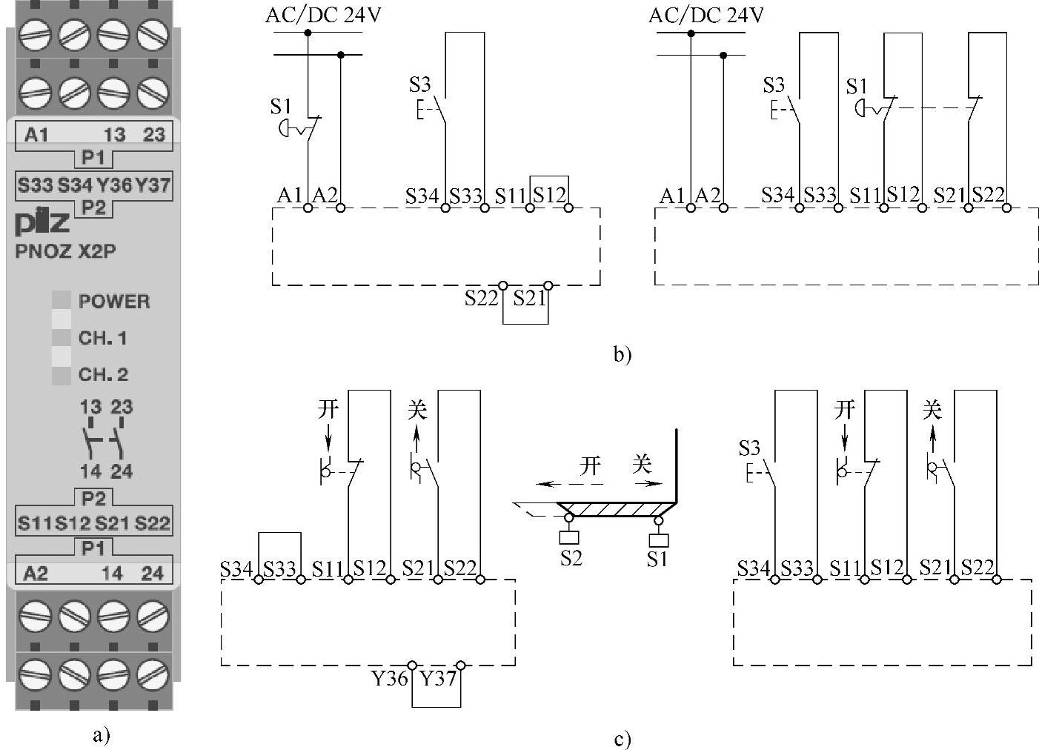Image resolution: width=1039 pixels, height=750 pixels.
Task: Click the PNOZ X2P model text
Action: click(x=65, y=251)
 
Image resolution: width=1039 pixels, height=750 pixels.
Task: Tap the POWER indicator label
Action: click(x=114, y=302)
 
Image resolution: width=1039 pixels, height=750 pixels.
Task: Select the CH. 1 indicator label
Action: click(x=102, y=338)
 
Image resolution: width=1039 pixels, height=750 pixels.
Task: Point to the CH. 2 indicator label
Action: click(x=103, y=374)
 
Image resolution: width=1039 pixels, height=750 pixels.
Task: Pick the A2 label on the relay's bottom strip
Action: click(x=36, y=573)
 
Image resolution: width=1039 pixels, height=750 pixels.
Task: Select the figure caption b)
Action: click(x=623, y=354)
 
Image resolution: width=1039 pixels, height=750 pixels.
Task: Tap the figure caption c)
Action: click(x=623, y=739)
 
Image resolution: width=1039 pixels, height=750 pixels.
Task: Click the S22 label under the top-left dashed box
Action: click(x=482, y=298)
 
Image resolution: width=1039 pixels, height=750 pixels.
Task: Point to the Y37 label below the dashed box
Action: click(x=438, y=678)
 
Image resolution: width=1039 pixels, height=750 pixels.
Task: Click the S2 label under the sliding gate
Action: click(x=571, y=558)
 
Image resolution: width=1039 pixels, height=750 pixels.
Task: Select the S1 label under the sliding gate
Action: click(x=657, y=559)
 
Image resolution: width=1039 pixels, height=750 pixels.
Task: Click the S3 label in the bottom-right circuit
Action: click(x=749, y=448)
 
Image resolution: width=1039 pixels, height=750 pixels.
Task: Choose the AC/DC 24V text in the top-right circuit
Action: click(x=706, y=16)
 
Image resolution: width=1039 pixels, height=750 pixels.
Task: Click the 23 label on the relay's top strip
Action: click(x=153, y=135)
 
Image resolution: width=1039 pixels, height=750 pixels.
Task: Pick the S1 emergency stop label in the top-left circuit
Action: click(x=281, y=107)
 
